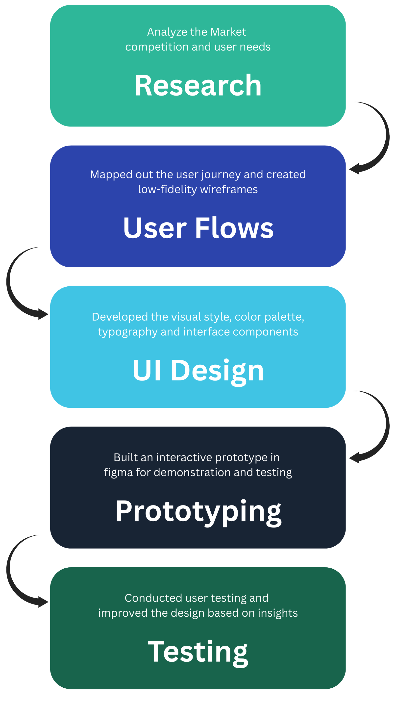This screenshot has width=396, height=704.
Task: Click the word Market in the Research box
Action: (x=228, y=32)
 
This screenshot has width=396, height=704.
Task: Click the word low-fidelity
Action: (x=168, y=189)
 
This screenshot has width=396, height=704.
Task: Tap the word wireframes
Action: (x=229, y=189)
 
